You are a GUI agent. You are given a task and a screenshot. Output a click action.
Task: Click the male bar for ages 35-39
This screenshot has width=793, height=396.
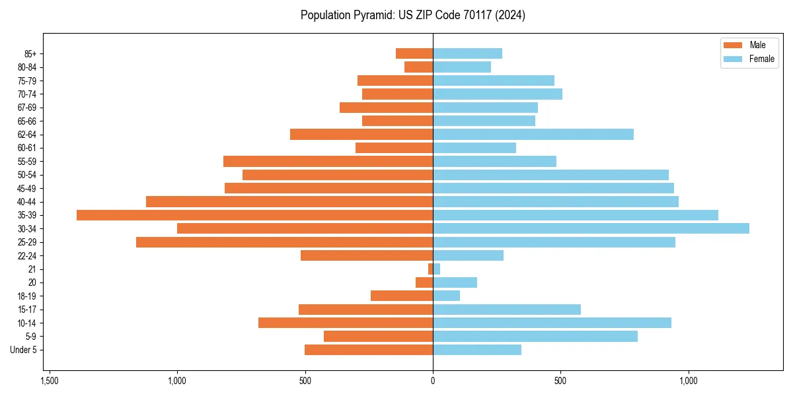(x=254, y=215)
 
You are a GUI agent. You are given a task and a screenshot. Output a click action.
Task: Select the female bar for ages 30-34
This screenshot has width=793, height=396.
(x=591, y=228)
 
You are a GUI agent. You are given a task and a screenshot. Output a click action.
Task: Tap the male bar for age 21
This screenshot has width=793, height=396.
(x=431, y=269)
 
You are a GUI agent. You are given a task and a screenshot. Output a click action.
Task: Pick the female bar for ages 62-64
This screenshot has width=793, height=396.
(x=533, y=135)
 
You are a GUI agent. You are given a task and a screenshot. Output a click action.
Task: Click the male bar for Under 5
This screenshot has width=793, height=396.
(x=369, y=350)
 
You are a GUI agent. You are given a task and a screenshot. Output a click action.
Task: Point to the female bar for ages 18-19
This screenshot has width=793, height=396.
(x=446, y=296)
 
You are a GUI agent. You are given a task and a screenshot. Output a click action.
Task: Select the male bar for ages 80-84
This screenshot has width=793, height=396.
(x=418, y=67)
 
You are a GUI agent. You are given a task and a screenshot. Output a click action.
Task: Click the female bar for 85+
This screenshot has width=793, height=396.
(x=467, y=53)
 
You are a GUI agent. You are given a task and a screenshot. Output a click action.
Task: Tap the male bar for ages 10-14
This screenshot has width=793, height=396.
(x=346, y=323)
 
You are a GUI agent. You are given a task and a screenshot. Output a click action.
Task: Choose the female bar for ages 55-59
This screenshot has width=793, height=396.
(x=494, y=162)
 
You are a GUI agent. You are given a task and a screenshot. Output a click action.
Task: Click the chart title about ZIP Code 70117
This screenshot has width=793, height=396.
(x=412, y=15)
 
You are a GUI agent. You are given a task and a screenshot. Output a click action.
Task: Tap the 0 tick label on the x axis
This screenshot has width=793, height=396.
(x=433, y=381)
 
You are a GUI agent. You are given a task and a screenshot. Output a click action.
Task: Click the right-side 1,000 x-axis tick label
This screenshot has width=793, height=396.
(x=689, y=381)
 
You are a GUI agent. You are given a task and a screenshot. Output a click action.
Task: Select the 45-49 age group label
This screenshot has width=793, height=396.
(x=27, y=189)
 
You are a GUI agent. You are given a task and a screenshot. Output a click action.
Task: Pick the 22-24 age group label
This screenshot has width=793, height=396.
(x=27, y=256)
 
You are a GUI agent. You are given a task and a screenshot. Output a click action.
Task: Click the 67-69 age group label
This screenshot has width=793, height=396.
(x=27, y=108)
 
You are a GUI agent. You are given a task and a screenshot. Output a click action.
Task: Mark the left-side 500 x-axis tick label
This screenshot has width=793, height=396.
(x=305, y=381)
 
